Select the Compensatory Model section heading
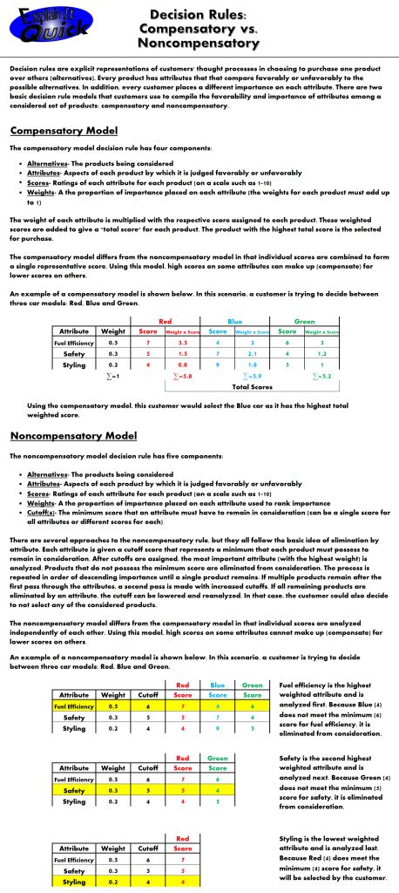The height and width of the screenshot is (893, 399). point(64,131)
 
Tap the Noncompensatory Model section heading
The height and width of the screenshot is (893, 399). point(74,436)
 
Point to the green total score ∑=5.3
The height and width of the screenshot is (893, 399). point(321,376)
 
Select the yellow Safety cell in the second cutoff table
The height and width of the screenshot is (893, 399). point(74,790)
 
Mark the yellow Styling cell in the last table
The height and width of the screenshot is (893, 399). point(74,882)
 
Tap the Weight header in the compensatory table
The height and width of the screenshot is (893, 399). point(112,332)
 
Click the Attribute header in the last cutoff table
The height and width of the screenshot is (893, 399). point(74,848)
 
